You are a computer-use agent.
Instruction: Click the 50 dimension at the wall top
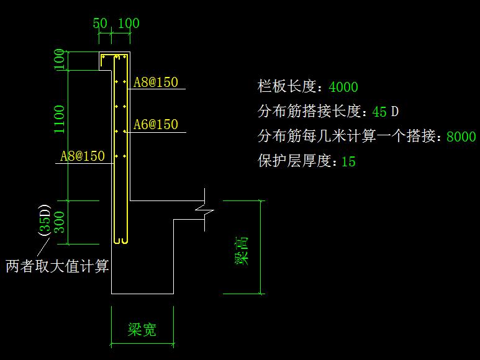pyautogui.click(x=100, y=24)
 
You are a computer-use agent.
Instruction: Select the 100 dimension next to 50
pyautogui.click(x=128, y=24)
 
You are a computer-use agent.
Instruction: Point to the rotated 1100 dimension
pyautogui.click(x=60, y=119)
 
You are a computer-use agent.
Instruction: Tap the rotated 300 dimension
pyautogui.click(x=60, y=221)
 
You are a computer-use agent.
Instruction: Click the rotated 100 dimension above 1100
pyautogui.click(x=60, y=61)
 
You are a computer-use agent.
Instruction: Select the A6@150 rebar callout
pyautogui.click(x=156, y=125)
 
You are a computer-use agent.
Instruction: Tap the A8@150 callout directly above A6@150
pyautogui.click(x=156, y=83)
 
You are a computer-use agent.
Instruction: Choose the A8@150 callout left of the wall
pyautogui.click(x=83, y=156)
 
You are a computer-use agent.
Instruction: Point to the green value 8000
pyautogui.click(x=461, y=137)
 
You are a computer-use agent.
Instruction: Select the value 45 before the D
pyautogui.click(x=379, y=112)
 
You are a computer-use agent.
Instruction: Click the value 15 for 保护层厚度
pyautogui.click(x=348, y=162)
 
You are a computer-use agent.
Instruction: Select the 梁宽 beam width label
pyautogui.click(x=142, y=330)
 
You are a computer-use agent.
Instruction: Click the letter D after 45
pyautogui.click(x=394, y=112)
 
